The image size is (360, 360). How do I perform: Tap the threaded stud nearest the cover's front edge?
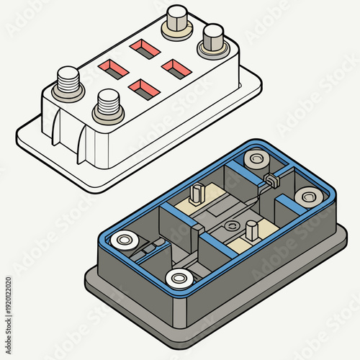click(107, 106)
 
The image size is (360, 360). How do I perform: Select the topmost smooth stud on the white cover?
click(176, 21)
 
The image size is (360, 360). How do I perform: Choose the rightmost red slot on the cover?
click(175, 69)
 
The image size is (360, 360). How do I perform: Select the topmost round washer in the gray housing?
click(256, 158)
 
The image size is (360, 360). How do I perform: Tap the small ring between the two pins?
click(230, 226)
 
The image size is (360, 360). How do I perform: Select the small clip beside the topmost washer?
click(271, 180)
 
